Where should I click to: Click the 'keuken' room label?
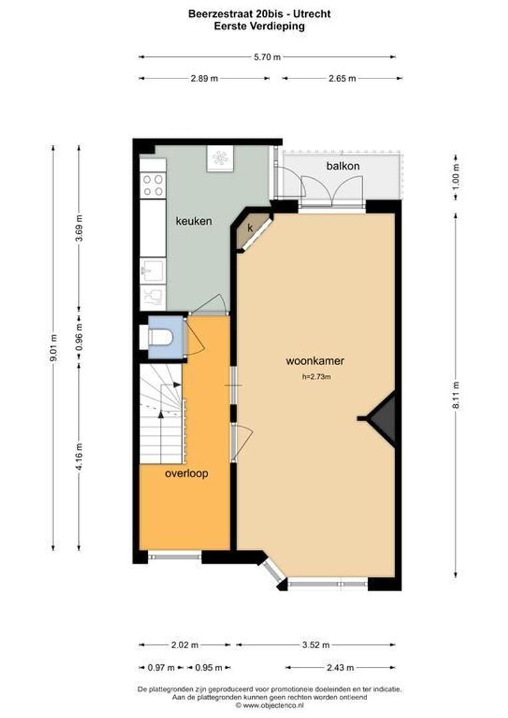(x=193, y=221)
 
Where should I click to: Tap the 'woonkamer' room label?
(x=315, y=362)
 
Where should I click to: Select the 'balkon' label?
(x=343, y=166)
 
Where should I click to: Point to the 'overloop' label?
(x=187, y=474)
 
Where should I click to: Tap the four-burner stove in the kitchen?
(x=153, y=185)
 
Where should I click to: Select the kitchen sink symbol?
(x=152, y=270)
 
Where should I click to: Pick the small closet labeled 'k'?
(x=251, y=228)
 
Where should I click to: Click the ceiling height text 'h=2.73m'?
(x=316, y=377)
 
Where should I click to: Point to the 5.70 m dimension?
(x=267, y=57)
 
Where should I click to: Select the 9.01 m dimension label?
(x=54, y=348)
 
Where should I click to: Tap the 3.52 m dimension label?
(x=315, y=645)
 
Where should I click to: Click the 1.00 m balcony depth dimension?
(x=455, y=176)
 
